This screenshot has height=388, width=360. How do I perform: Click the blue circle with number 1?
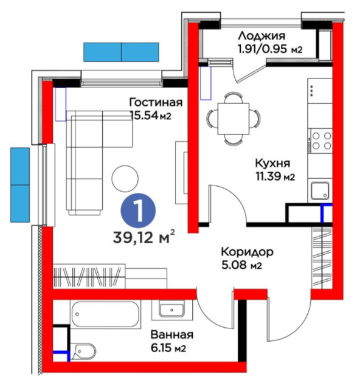(138, 211)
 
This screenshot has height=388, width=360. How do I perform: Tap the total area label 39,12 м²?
(144, 237)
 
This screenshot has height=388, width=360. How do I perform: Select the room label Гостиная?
(156, 102)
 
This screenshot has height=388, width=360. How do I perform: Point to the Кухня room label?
(272, 164)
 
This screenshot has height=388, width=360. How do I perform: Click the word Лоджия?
(261, 36)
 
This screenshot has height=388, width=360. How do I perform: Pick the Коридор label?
(247, 252)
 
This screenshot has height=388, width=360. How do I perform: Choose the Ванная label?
(172, 335)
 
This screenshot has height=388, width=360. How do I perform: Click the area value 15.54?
(144, 116)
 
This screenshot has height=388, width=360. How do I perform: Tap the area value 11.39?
(268, 177)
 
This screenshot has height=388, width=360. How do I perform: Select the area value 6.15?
(161, 348)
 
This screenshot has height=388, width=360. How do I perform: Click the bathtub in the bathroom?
(105, 314)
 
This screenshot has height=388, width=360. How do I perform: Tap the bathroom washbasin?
(171, 309)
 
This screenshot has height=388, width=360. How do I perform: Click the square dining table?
(234, 119)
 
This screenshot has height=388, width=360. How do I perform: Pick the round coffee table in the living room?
(125, 179)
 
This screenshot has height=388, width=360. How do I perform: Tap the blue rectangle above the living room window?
(121, 52)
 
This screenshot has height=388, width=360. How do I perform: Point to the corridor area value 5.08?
(234, 265)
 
